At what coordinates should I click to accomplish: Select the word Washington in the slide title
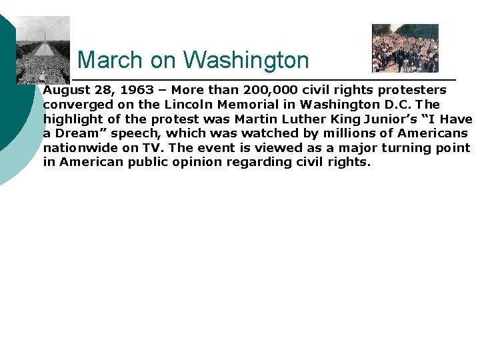(246, 61)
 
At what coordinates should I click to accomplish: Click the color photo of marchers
(405, 48)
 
